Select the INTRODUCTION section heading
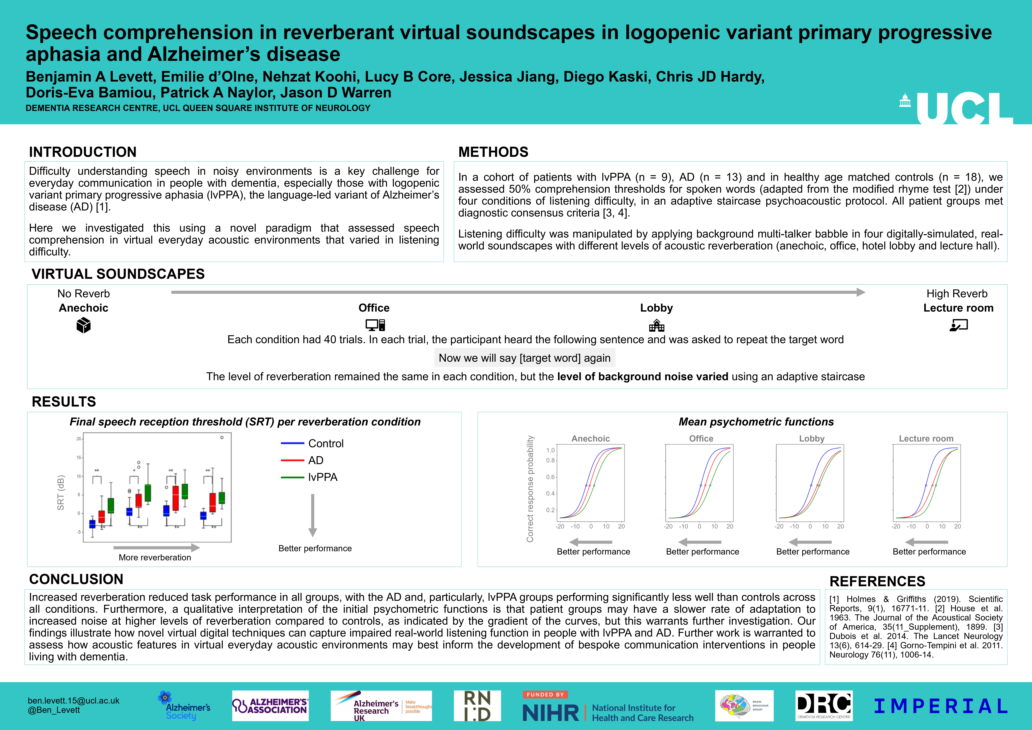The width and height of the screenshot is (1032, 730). click(83, 152)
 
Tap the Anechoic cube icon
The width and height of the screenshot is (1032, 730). click(84, 325)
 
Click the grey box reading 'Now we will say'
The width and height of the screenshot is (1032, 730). click(525, 358)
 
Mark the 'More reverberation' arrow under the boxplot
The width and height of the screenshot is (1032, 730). click(156, 547)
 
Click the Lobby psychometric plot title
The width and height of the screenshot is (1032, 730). click(812, 438)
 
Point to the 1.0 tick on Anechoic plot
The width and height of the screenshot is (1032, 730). click(551, 450)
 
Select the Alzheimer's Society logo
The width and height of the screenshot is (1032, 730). click(184, 706)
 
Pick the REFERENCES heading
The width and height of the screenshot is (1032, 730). click(877, 581)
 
